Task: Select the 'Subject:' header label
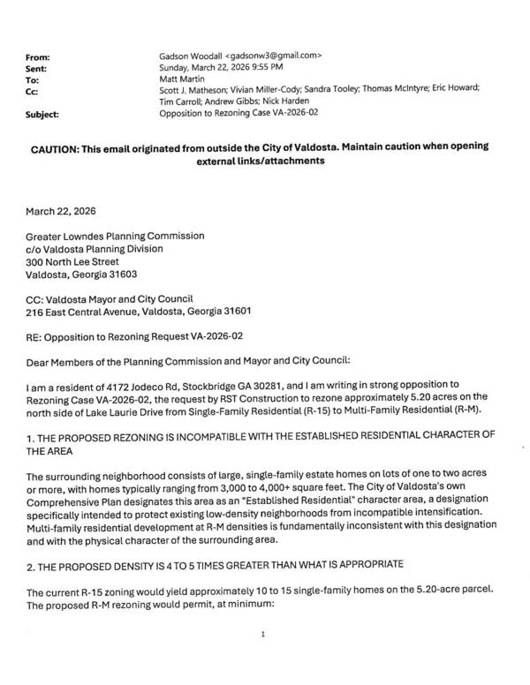[x=43, y=114]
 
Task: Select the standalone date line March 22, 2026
[x=61, y=213]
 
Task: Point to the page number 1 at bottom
[x=263, y=634]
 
